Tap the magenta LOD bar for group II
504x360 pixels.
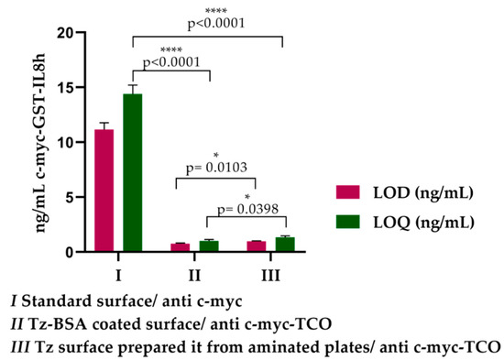tap(180, 247)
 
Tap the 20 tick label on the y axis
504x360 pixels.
tap(61, 33)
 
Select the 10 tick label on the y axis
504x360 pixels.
tap(61, 143)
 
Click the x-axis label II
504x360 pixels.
tap(194, 271)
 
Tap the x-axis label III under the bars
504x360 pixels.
tap(270, 271)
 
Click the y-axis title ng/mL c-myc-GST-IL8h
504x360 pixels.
tap(40, 142)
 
